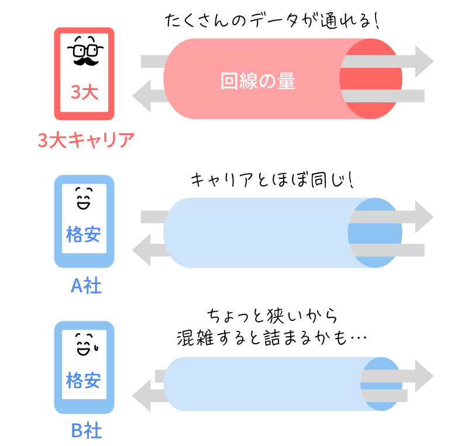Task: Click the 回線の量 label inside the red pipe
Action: click(x=258, y=81)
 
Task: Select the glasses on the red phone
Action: click(x=85, y=47)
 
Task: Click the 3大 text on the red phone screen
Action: click(x=85, y=92)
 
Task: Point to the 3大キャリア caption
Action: click(x=86, y=141)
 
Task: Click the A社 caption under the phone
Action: click(x=86, y=286)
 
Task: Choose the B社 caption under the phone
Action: click(x=86, y=431)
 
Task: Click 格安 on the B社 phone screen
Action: click(x=84, y=381)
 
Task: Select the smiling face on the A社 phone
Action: click(x=84, y=199)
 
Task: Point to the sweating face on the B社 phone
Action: click(x=85, y=344)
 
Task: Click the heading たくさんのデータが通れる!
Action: click(x=272, y=23)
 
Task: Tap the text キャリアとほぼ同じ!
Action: click(x=273, y=179)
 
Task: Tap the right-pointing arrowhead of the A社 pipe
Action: click(x=422, y=217)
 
